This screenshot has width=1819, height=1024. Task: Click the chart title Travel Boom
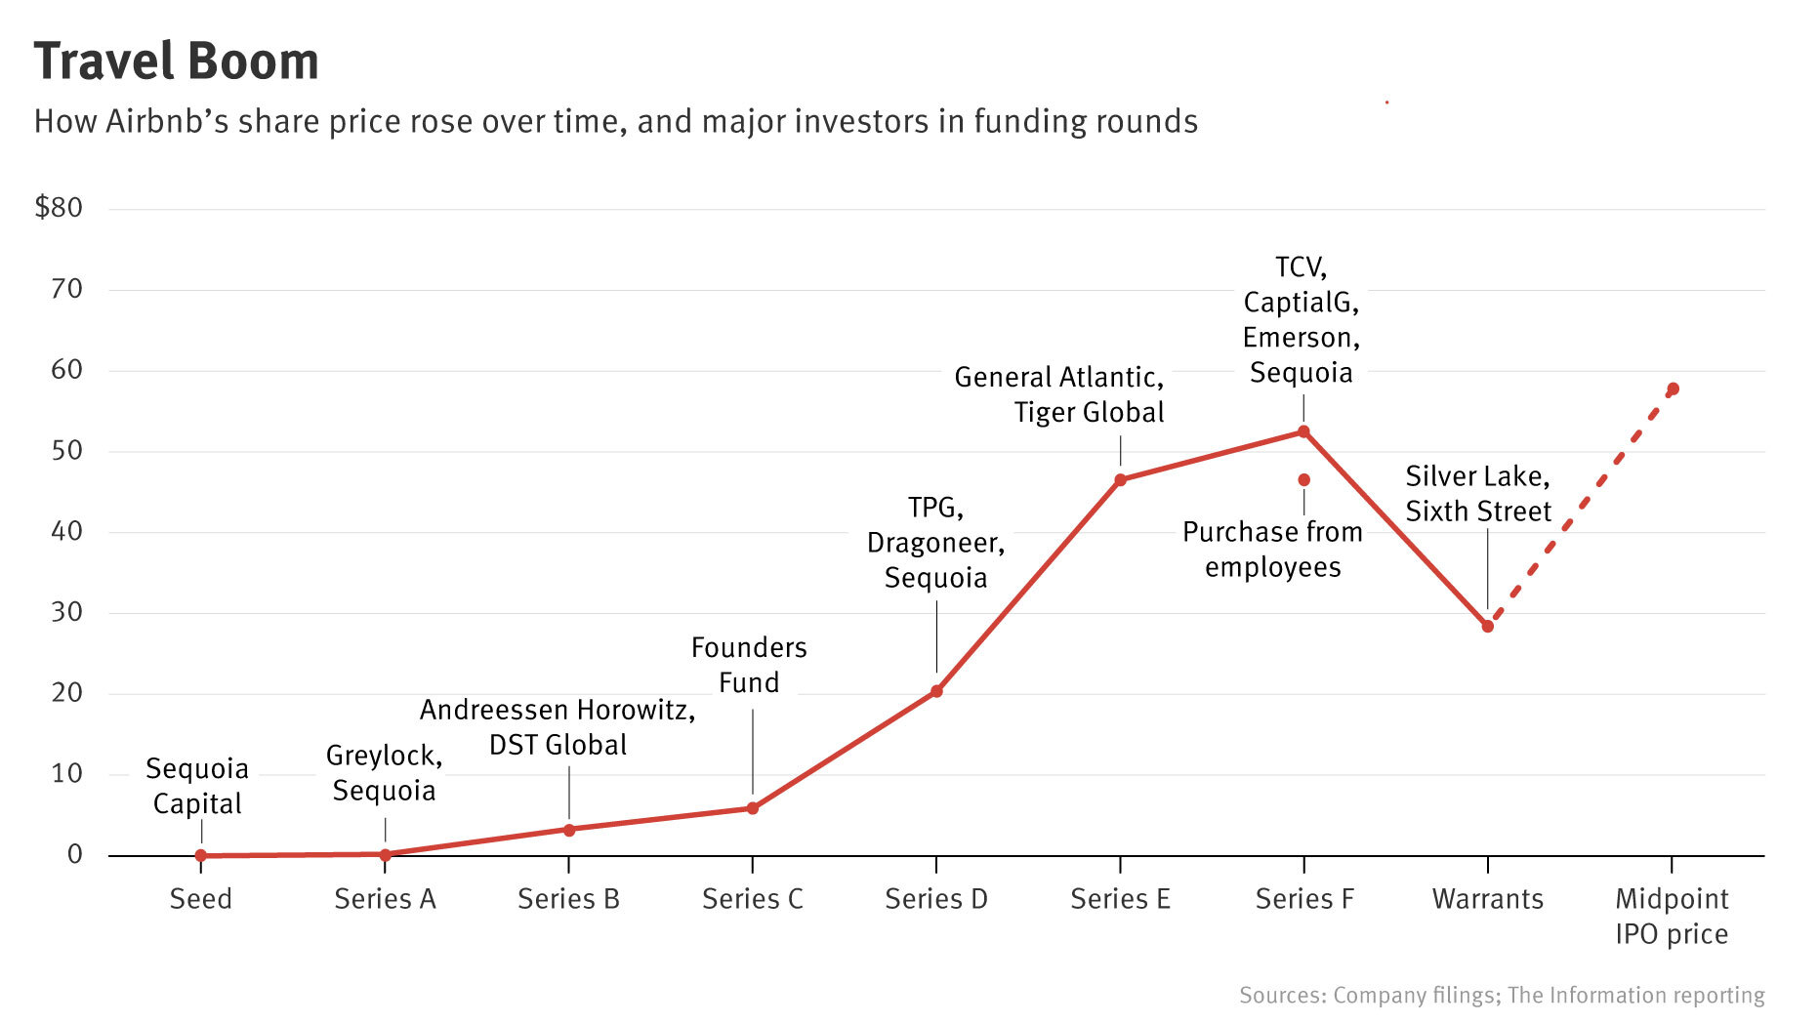[177, 61]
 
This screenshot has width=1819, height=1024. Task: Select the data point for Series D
[936, 691]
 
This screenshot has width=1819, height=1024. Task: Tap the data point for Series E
[1120, 480]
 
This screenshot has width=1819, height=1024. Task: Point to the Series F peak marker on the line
[1303, 431]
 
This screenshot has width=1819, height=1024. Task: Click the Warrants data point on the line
[1487, 626]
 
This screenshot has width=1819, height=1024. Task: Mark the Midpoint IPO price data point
[1673, 389]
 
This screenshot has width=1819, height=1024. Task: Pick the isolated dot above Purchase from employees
[1303, 479]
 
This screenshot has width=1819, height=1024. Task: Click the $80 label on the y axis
[59, 207]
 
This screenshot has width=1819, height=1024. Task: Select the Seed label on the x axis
[200, 899]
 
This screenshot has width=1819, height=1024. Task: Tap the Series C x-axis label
[752, 899]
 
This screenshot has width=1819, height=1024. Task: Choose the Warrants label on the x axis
[1487, 899]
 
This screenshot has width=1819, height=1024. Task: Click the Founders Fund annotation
[749, 665]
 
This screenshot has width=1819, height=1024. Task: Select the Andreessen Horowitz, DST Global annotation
[558, 727]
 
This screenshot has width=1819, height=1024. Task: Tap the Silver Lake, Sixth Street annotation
[1478, 494]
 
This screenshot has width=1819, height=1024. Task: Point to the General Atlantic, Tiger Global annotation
[1059, 394]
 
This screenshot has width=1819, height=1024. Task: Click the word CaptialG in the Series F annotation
[1301, 303]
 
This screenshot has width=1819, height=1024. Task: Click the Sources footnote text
[1502, 995]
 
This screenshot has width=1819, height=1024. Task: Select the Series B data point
[569, 830]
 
